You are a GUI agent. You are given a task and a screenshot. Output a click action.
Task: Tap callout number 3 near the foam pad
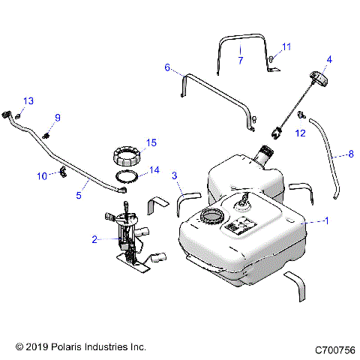coord(174,176)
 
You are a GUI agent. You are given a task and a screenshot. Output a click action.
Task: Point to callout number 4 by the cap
coord(328,59)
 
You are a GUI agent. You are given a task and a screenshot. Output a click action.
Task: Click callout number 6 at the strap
coord(168,67)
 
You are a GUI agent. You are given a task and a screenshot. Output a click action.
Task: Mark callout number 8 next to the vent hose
coord(350,154)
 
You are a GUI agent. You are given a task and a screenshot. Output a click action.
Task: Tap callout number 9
coord(57,117)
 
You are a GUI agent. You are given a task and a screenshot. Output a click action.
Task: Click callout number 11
coord(286,47)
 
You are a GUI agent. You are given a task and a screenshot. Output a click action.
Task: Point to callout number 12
coord(300,133)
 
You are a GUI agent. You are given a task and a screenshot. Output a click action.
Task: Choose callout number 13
coord(28,100)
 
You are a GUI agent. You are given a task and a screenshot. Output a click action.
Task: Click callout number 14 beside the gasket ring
coord(154,170)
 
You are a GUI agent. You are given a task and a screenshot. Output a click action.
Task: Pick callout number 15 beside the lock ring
coord(151,142)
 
